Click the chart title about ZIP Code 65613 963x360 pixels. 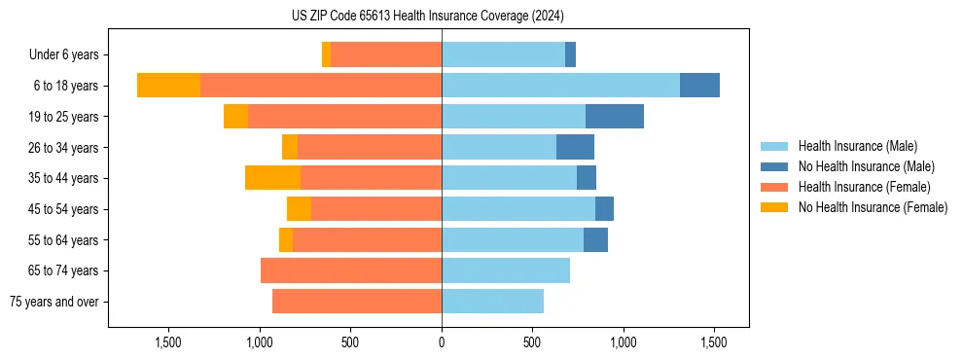pyautogui.click(x=427, y=17)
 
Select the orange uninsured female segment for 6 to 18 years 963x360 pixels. pyautogui.click(x=168, y=86)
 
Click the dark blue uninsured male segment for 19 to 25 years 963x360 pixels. pyautogui.click(x=615, y=117)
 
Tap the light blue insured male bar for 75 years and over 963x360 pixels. pyautogui.click(x=492, y=302)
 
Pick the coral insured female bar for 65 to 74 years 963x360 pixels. pyautogui.click(x=351, y=270)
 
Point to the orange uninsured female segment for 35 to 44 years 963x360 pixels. pyautogui.click(x=272, y=178)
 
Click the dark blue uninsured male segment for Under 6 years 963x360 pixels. pyautogui.click(x=570, y=54)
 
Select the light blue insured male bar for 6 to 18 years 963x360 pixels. pyautogui.click(x=560, y=86)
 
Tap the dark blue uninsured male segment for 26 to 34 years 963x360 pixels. pyautogui.click(x=575, y=147)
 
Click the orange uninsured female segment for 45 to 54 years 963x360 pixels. pyautogui.click(x=299, y=209)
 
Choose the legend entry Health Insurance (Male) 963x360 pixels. pyautogui.click(x=857, y=146)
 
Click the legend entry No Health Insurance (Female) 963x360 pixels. pyautogui.click(x=873, y=207)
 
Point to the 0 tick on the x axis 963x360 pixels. pyautogui.click(x=442, y=342)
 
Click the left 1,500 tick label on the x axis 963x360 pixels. pyautogui.click(x=168, y=342)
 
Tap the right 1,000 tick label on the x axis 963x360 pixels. pyautogui.click(x=623, y=342)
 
